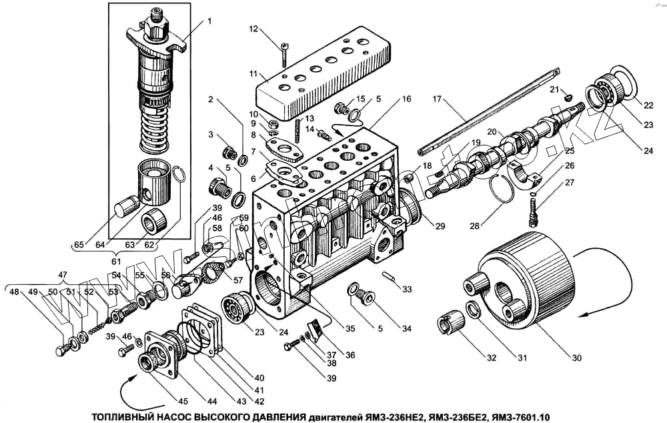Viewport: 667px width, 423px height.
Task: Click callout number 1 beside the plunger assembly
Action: (209, 21)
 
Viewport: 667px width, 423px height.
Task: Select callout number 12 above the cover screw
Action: (253, 29)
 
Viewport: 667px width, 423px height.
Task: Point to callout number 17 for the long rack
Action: (437, 99)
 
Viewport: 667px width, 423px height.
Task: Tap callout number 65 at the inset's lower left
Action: (79, 244)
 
